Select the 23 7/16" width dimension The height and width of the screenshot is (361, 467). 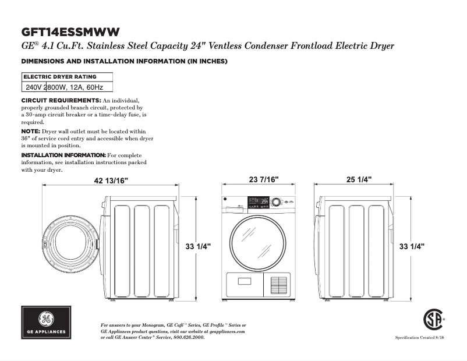click(x=264, y=179)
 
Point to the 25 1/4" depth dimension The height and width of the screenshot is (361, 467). click(x=359, y=179)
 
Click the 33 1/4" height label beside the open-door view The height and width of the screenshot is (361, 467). click(x=198, y=247)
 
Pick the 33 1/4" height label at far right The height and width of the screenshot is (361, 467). click(x=412, y=247)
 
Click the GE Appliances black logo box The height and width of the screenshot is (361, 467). click(x=47, y=323)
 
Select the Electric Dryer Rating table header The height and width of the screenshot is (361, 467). click(x=60, y=77)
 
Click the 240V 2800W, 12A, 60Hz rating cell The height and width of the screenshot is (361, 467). click(x=65, y=87)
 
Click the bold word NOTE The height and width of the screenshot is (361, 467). click(x=31, y=132)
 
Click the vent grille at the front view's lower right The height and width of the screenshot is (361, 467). click(x=278, y=285)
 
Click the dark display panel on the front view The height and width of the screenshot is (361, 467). click(x=257, y=202)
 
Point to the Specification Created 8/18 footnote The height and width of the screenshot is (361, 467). click(x=420, y=338)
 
